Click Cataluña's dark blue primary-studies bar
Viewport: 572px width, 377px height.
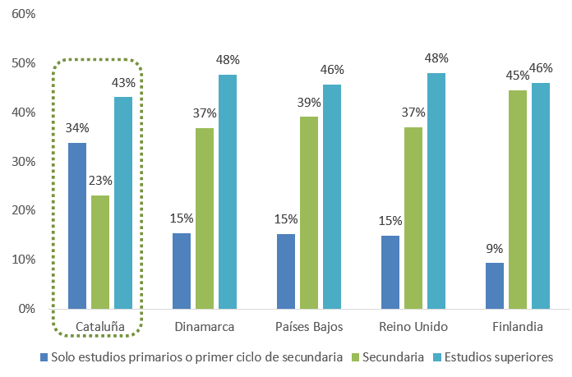(x=77, y=226)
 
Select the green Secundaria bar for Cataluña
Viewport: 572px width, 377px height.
(x=100, y=252)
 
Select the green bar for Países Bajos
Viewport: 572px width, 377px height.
(x=309, y=213)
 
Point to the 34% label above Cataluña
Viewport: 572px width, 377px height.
(x=77, y=128)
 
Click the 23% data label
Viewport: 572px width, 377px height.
(x=100, y=181)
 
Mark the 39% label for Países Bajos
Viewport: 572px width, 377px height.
(x=309, y=102)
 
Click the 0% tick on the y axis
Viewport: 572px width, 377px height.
(x=27, y=309)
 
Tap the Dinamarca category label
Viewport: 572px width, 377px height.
(x=205, y=327)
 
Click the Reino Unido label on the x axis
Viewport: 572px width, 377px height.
(x=413, y=327)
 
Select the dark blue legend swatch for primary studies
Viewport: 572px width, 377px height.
(x=44, y=357)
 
